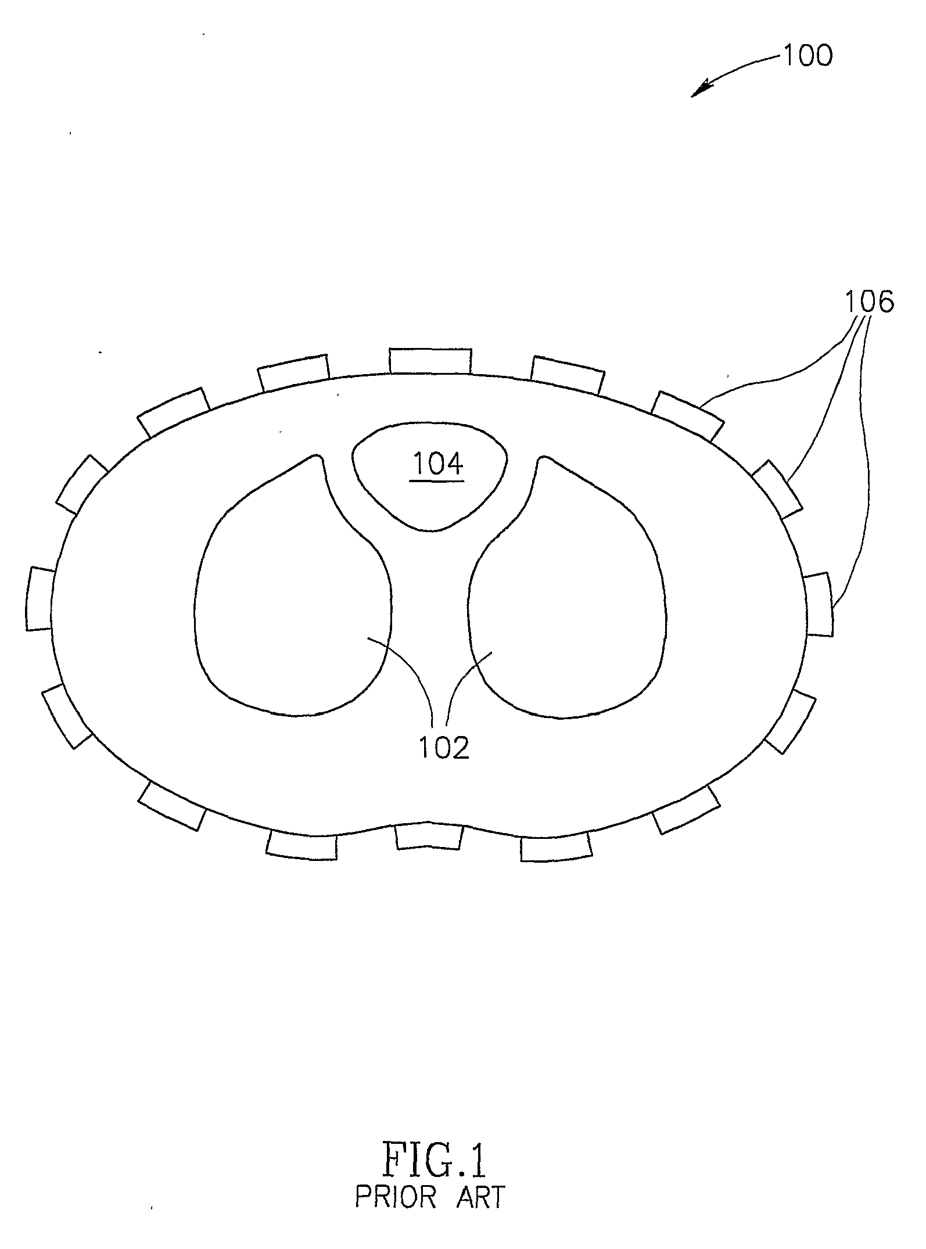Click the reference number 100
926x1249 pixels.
808,56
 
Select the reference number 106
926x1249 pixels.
869,303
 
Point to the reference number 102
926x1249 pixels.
444,749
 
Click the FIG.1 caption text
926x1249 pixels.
433,1161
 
